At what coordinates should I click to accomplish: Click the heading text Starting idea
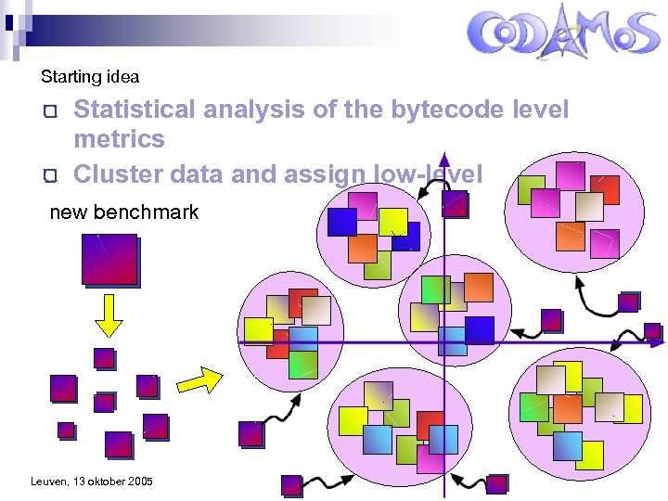pos(90,77)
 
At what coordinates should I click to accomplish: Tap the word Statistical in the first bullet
pos(135,109)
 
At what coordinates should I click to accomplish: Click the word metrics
pos(119,139)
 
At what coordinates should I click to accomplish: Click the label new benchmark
pos(123,212)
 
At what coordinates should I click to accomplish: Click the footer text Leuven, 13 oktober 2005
pos(92,481)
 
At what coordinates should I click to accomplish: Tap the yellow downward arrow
pos(109,316)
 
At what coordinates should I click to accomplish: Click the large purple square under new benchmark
pos(109,259)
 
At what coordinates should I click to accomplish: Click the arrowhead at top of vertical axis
pos(444,160)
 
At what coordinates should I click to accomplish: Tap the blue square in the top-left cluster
pos(342,222)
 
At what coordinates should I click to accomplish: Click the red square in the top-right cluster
pos(605,189)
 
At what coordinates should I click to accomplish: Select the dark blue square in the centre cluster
pos(479,330)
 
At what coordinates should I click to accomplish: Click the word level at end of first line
pos(540,109)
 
